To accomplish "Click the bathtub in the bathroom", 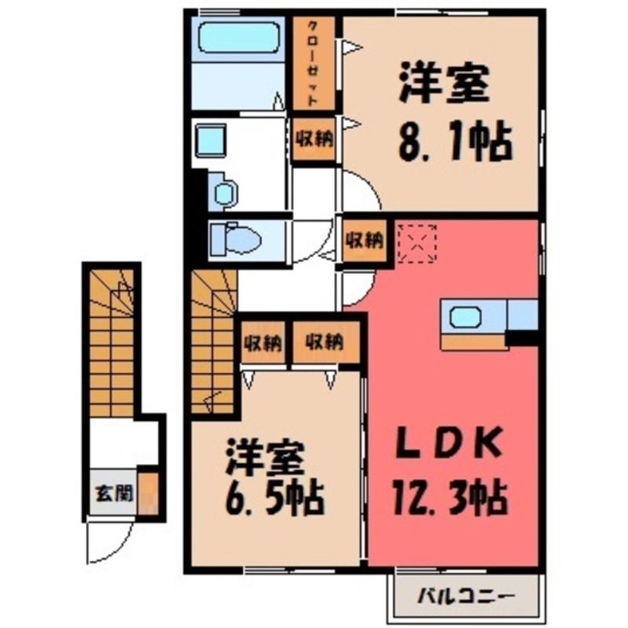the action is click(239, 37).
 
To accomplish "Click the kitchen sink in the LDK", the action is click(465, 317).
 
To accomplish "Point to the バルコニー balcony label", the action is click(466, 597).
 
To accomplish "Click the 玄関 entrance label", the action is click(113, 494).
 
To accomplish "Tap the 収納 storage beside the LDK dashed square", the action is click(364, 241).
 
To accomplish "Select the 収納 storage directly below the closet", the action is click(314, 139).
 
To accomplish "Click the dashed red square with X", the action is click(417, 244).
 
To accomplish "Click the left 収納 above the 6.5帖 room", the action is click(263, 343).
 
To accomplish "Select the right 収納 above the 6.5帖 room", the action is click(325, 342).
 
